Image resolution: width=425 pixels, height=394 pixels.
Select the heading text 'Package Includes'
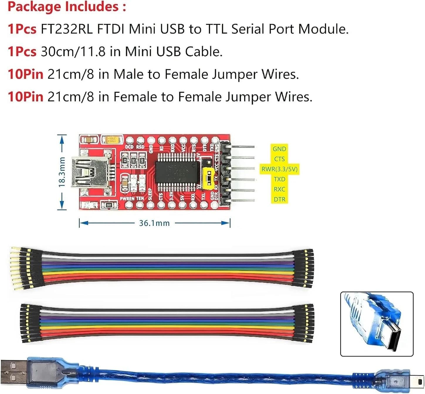pos(63,6)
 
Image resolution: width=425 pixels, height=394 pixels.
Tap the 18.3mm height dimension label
pos(62,172)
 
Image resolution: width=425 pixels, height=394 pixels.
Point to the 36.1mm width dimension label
pos(154,223)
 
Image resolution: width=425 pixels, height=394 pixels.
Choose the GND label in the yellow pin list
pos(279,149)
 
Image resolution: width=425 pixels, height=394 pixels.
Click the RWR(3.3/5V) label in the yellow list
pos(279,169)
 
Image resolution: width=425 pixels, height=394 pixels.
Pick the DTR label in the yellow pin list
pos(279,199)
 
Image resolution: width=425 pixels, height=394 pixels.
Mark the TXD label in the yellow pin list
pos(279,179)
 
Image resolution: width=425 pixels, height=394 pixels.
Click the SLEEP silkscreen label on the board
pos(150,194)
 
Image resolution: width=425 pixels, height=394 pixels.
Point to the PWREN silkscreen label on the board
pos(127,199)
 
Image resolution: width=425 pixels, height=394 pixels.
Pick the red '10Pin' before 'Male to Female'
pos(26,74)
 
